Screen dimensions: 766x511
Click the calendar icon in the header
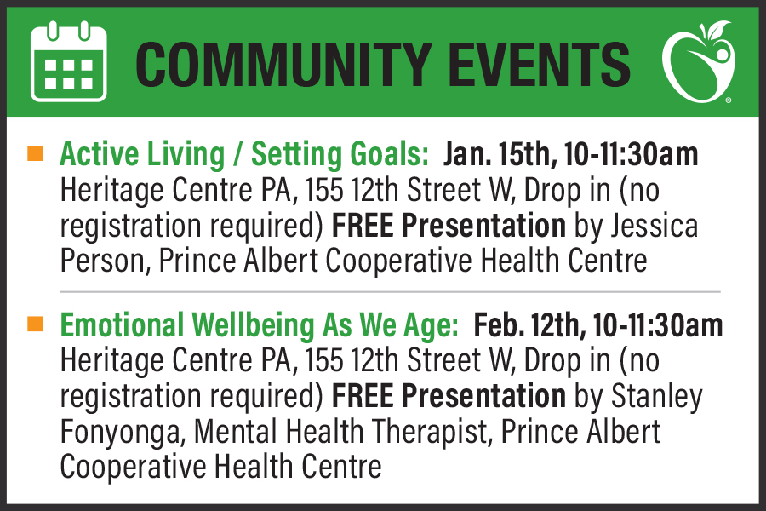pyautogui.click(x=68, y=61)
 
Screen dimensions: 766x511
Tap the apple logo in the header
pyautogui.click(x=699, y=60)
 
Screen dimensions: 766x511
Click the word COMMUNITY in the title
pyautogui.click(x=283, y=64)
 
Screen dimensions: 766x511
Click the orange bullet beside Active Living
pyautogui.click(x=35, y=153)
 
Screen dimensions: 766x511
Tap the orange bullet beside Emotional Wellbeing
pyautogui.click(x=35, y=324)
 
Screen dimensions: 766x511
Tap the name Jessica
pyautogui.click(x=655, y=226)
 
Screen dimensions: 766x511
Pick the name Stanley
pyautogui.click(x=657, y=395)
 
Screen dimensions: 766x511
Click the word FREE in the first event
pyautogui.click(x=363, y=226)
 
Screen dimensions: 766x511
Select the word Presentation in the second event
pyautogui.click(x=483, y=395)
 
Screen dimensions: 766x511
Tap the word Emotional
pyautogui.click(x=122, y=325)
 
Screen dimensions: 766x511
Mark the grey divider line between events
pyautogui.click(x=391, y=292)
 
